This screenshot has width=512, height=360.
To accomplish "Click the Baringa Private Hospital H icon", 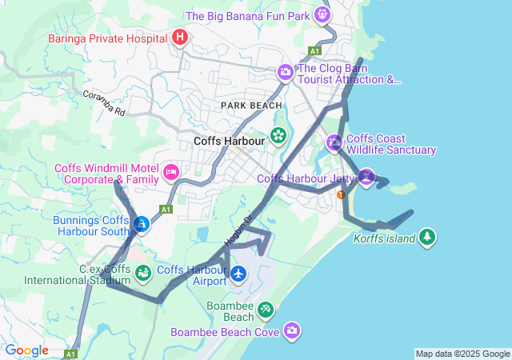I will pos(181,37).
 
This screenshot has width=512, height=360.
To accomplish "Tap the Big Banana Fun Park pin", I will pos(322,14).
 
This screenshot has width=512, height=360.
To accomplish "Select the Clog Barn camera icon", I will pos(285,74).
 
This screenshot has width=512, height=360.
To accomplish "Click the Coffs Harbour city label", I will pos(229,141).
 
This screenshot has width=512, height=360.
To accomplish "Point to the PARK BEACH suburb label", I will pos(252,106).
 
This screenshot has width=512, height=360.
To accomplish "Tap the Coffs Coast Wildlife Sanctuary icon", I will pos(334,143).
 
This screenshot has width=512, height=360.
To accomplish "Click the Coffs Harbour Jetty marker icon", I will pos(366,177).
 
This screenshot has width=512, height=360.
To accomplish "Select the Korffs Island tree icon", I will pos(428,238).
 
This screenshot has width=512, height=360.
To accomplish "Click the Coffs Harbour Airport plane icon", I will pos(238,274).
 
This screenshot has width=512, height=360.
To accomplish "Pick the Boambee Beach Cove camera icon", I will pos(293,330).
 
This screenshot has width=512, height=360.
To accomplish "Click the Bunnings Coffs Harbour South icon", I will pos(142,225).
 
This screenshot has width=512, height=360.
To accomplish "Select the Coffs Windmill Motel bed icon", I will pos(170,172).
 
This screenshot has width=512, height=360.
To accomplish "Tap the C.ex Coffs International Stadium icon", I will pos(142,274).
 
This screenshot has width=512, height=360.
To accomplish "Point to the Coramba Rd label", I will pos(104,103).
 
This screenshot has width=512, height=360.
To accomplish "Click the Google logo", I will pos(26,350).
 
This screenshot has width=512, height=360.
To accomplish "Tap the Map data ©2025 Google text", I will pos(462,354).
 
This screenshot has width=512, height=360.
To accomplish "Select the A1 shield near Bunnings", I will pos(166,210).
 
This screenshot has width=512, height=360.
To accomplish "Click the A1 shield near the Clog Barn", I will pos(314,50).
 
